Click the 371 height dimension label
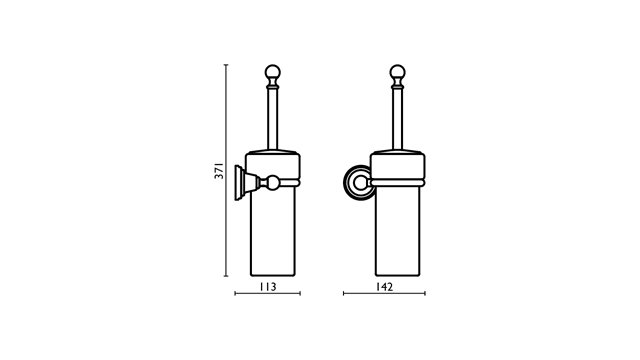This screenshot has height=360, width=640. pyautogui.click(x=220, y=171)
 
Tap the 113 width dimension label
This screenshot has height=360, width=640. pyautogui.click(x=268, y=287)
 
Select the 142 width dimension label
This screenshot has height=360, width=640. pyautogui.click(x=384, y=287)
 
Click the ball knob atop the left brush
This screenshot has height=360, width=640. pyautogui.click(x=273, y=72)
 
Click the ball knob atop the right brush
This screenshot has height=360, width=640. pyautogui.click(x=398, y=72)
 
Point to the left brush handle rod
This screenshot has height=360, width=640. pyautogui.click(x=273, y=119)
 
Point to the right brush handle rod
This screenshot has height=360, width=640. pyautogui.click(x=398, y=119)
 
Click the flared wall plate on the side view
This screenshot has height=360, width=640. pyautogui.click(x=239, y=183)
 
